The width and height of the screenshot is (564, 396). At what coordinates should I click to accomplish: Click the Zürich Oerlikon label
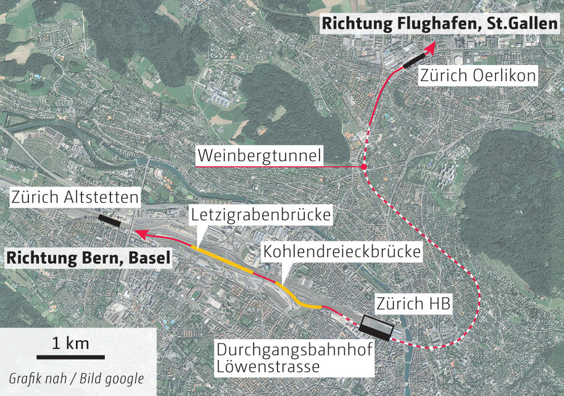tap(478, 76)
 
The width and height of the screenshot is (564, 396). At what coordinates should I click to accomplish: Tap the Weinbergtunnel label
tap(259, 156)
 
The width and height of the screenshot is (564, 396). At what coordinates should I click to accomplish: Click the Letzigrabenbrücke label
tap(262, 216)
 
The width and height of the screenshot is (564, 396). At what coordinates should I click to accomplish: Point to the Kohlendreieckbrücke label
tap(342, 252)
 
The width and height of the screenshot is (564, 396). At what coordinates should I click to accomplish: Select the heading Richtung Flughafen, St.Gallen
tap(439, 25)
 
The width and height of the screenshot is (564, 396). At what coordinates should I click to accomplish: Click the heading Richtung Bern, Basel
tap(87, 258)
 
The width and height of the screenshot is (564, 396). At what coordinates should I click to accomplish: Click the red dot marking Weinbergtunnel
tap(364, 167)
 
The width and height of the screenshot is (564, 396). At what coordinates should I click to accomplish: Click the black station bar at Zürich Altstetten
tap(110, 219)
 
